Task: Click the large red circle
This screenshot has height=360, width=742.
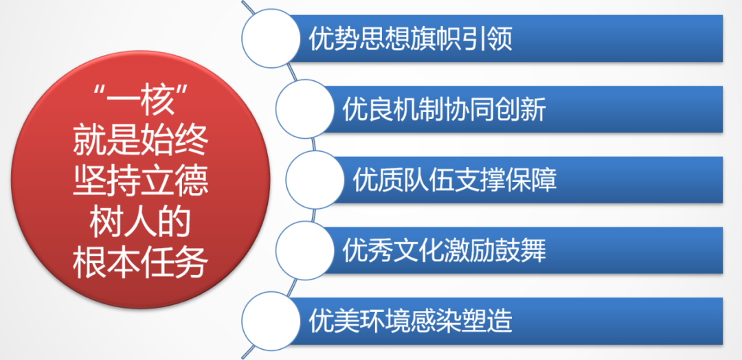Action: pos(141,180)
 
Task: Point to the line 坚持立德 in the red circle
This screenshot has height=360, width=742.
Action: pos(140,182)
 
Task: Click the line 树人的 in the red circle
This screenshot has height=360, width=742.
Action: pos(140,222)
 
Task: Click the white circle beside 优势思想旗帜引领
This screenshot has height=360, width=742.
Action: pos(271,38)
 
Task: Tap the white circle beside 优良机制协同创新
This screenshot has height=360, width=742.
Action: pos(305,109)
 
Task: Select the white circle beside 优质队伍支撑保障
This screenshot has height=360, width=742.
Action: pos(315,180)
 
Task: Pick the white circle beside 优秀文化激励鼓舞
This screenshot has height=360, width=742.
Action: pos(305,251)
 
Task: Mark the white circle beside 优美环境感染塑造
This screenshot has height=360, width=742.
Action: pos(271,322)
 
